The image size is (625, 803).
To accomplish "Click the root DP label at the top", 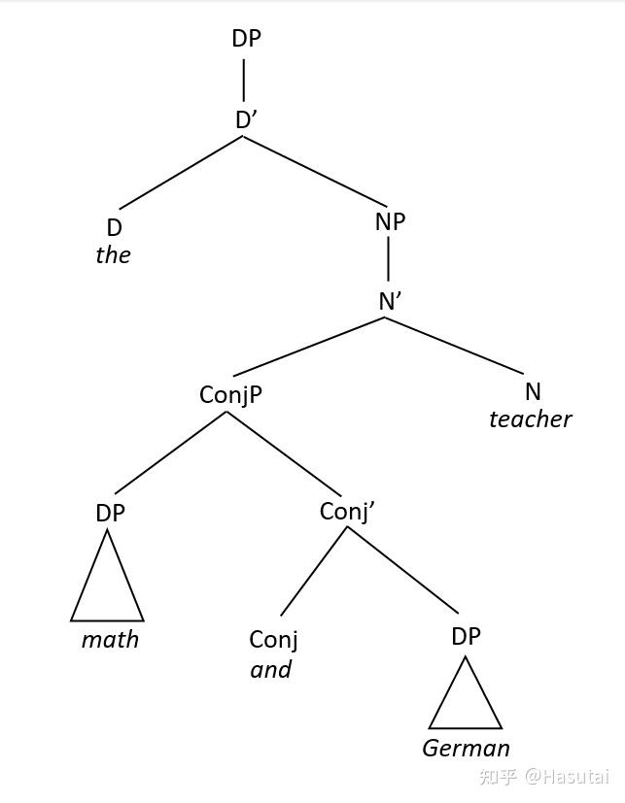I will (246, 38).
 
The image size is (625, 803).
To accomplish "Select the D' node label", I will (246, 119).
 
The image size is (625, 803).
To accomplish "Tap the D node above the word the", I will (114, 227).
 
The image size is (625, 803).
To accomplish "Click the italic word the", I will (113, 255).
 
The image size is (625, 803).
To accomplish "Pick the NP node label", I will (389, 221).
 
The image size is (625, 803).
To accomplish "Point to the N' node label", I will (390, 301).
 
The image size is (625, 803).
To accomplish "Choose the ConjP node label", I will (230, 394).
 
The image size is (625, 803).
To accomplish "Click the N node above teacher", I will (532, 391).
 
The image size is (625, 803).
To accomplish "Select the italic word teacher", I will (530, 419).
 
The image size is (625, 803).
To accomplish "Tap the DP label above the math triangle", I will (110, 513).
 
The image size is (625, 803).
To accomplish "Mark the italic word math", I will (110, 640).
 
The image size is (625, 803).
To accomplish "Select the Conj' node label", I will (346, 511).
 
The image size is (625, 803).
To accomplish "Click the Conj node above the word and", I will (273, 639).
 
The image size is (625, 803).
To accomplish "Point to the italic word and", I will (271, 670).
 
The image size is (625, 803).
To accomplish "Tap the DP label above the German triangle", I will (466, 636).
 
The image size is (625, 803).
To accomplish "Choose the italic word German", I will (466, 749).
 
